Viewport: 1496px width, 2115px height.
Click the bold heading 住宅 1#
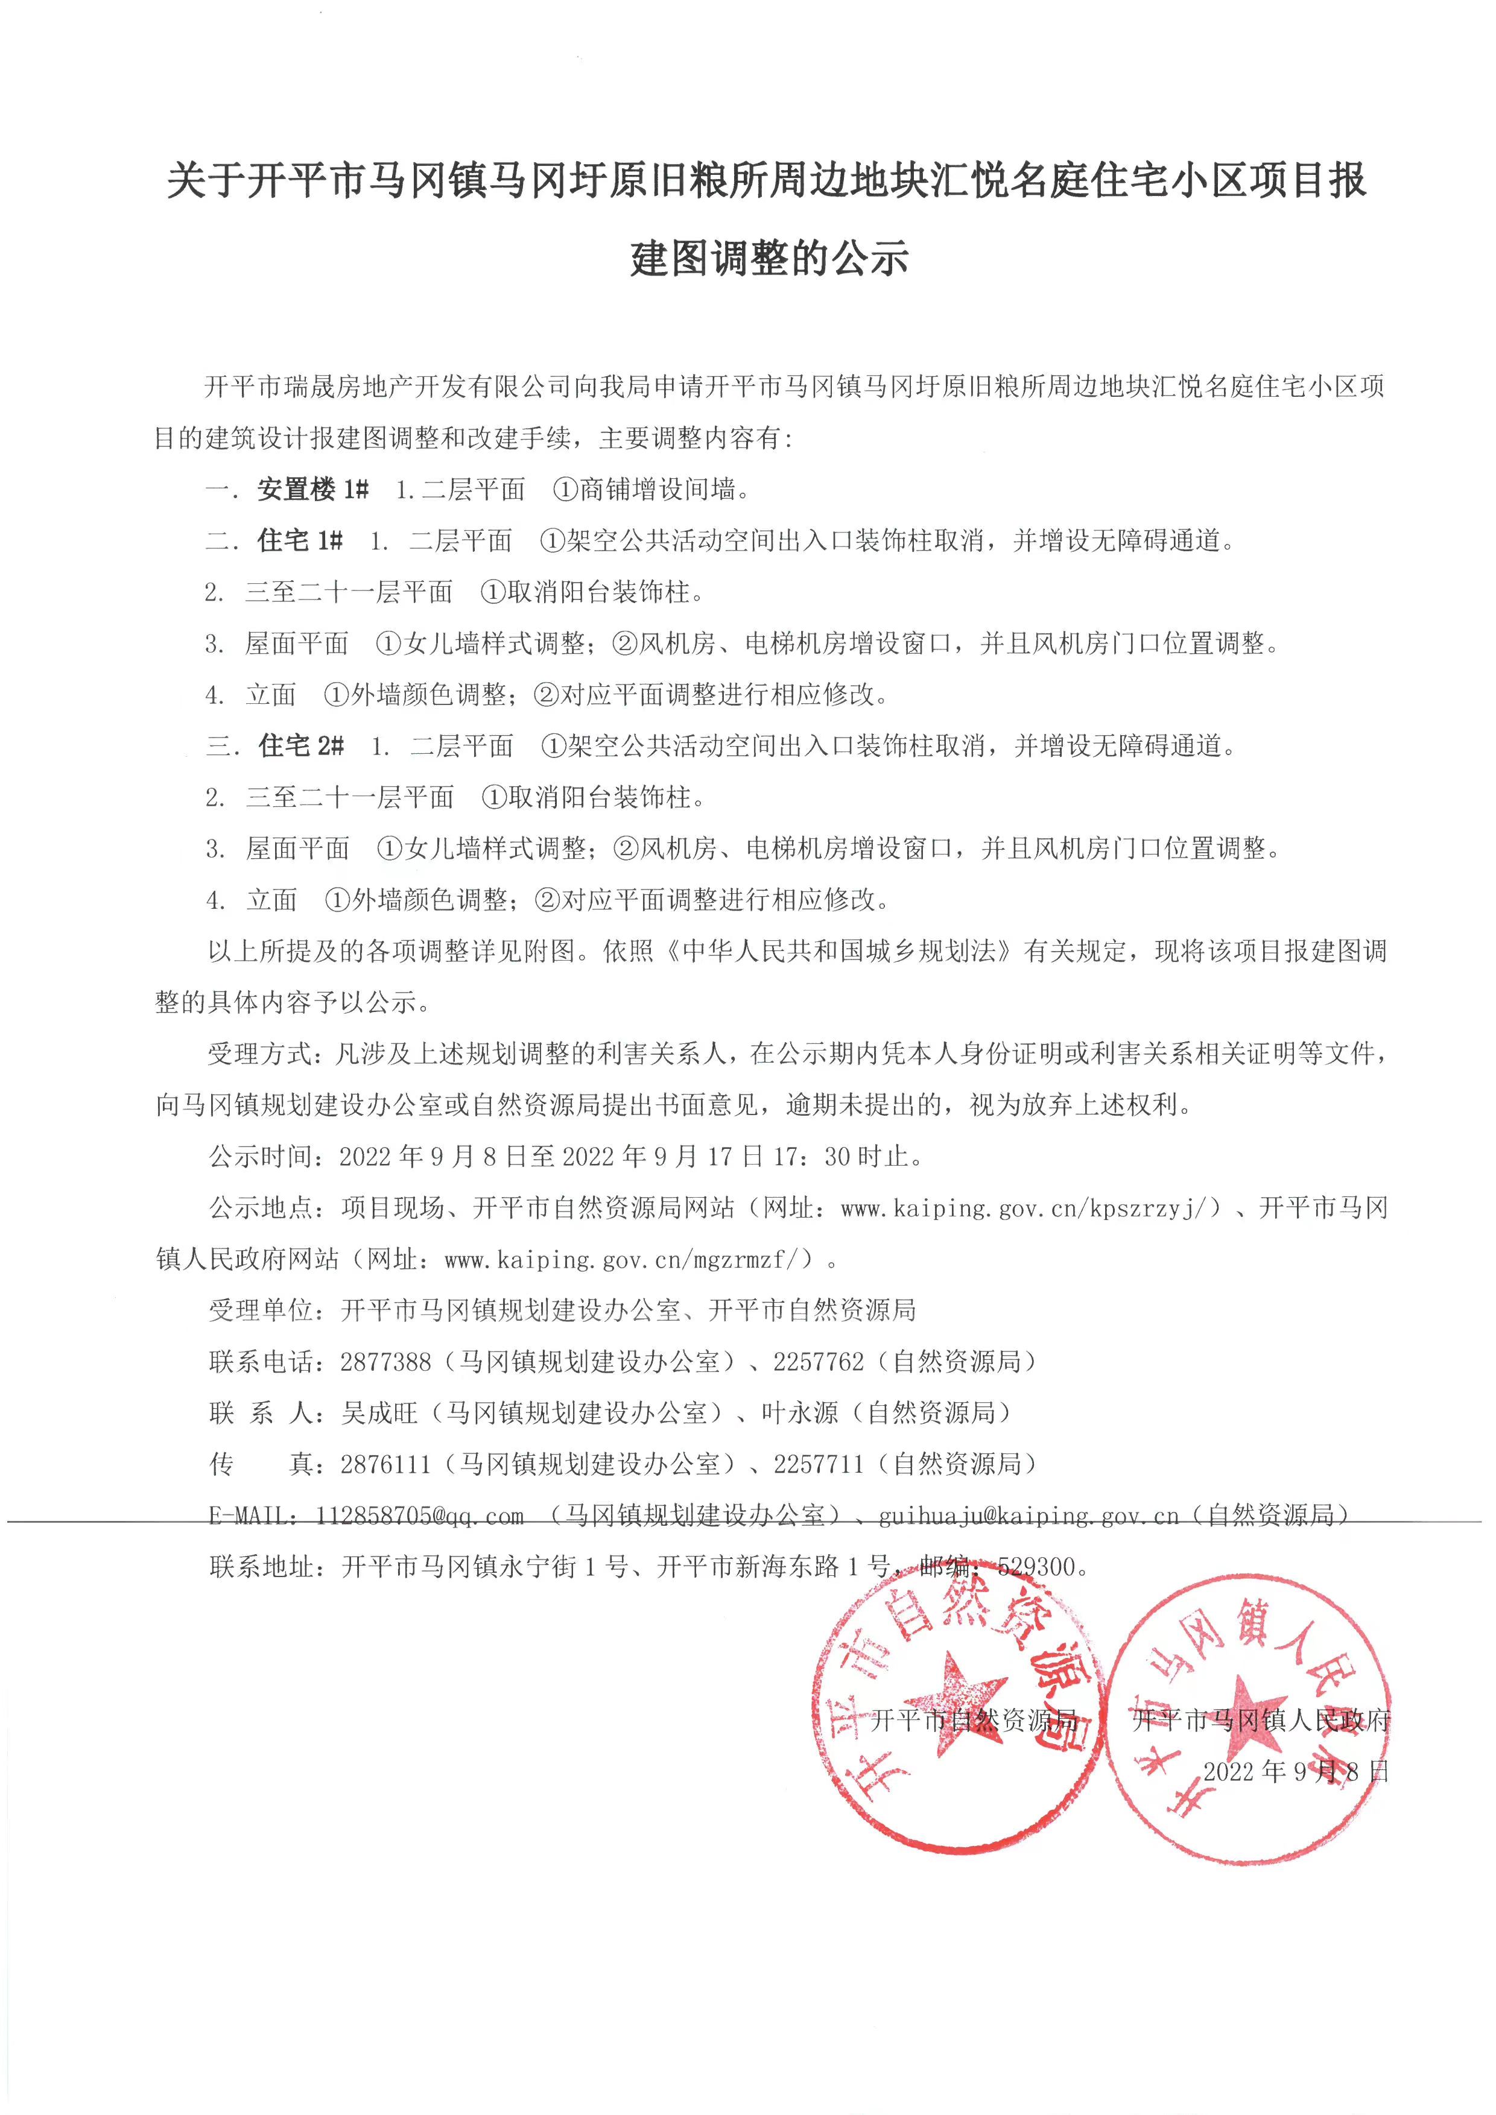[x=300, y=541]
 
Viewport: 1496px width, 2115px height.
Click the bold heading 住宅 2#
[x=301, y=745]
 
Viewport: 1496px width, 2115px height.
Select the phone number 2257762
[x=819, y=1362]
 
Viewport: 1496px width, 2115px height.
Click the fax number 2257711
[x=819, y=1464]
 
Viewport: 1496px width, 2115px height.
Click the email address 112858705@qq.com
[x=419, y=1516]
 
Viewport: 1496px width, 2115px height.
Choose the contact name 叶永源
[x=800, y=1412]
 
